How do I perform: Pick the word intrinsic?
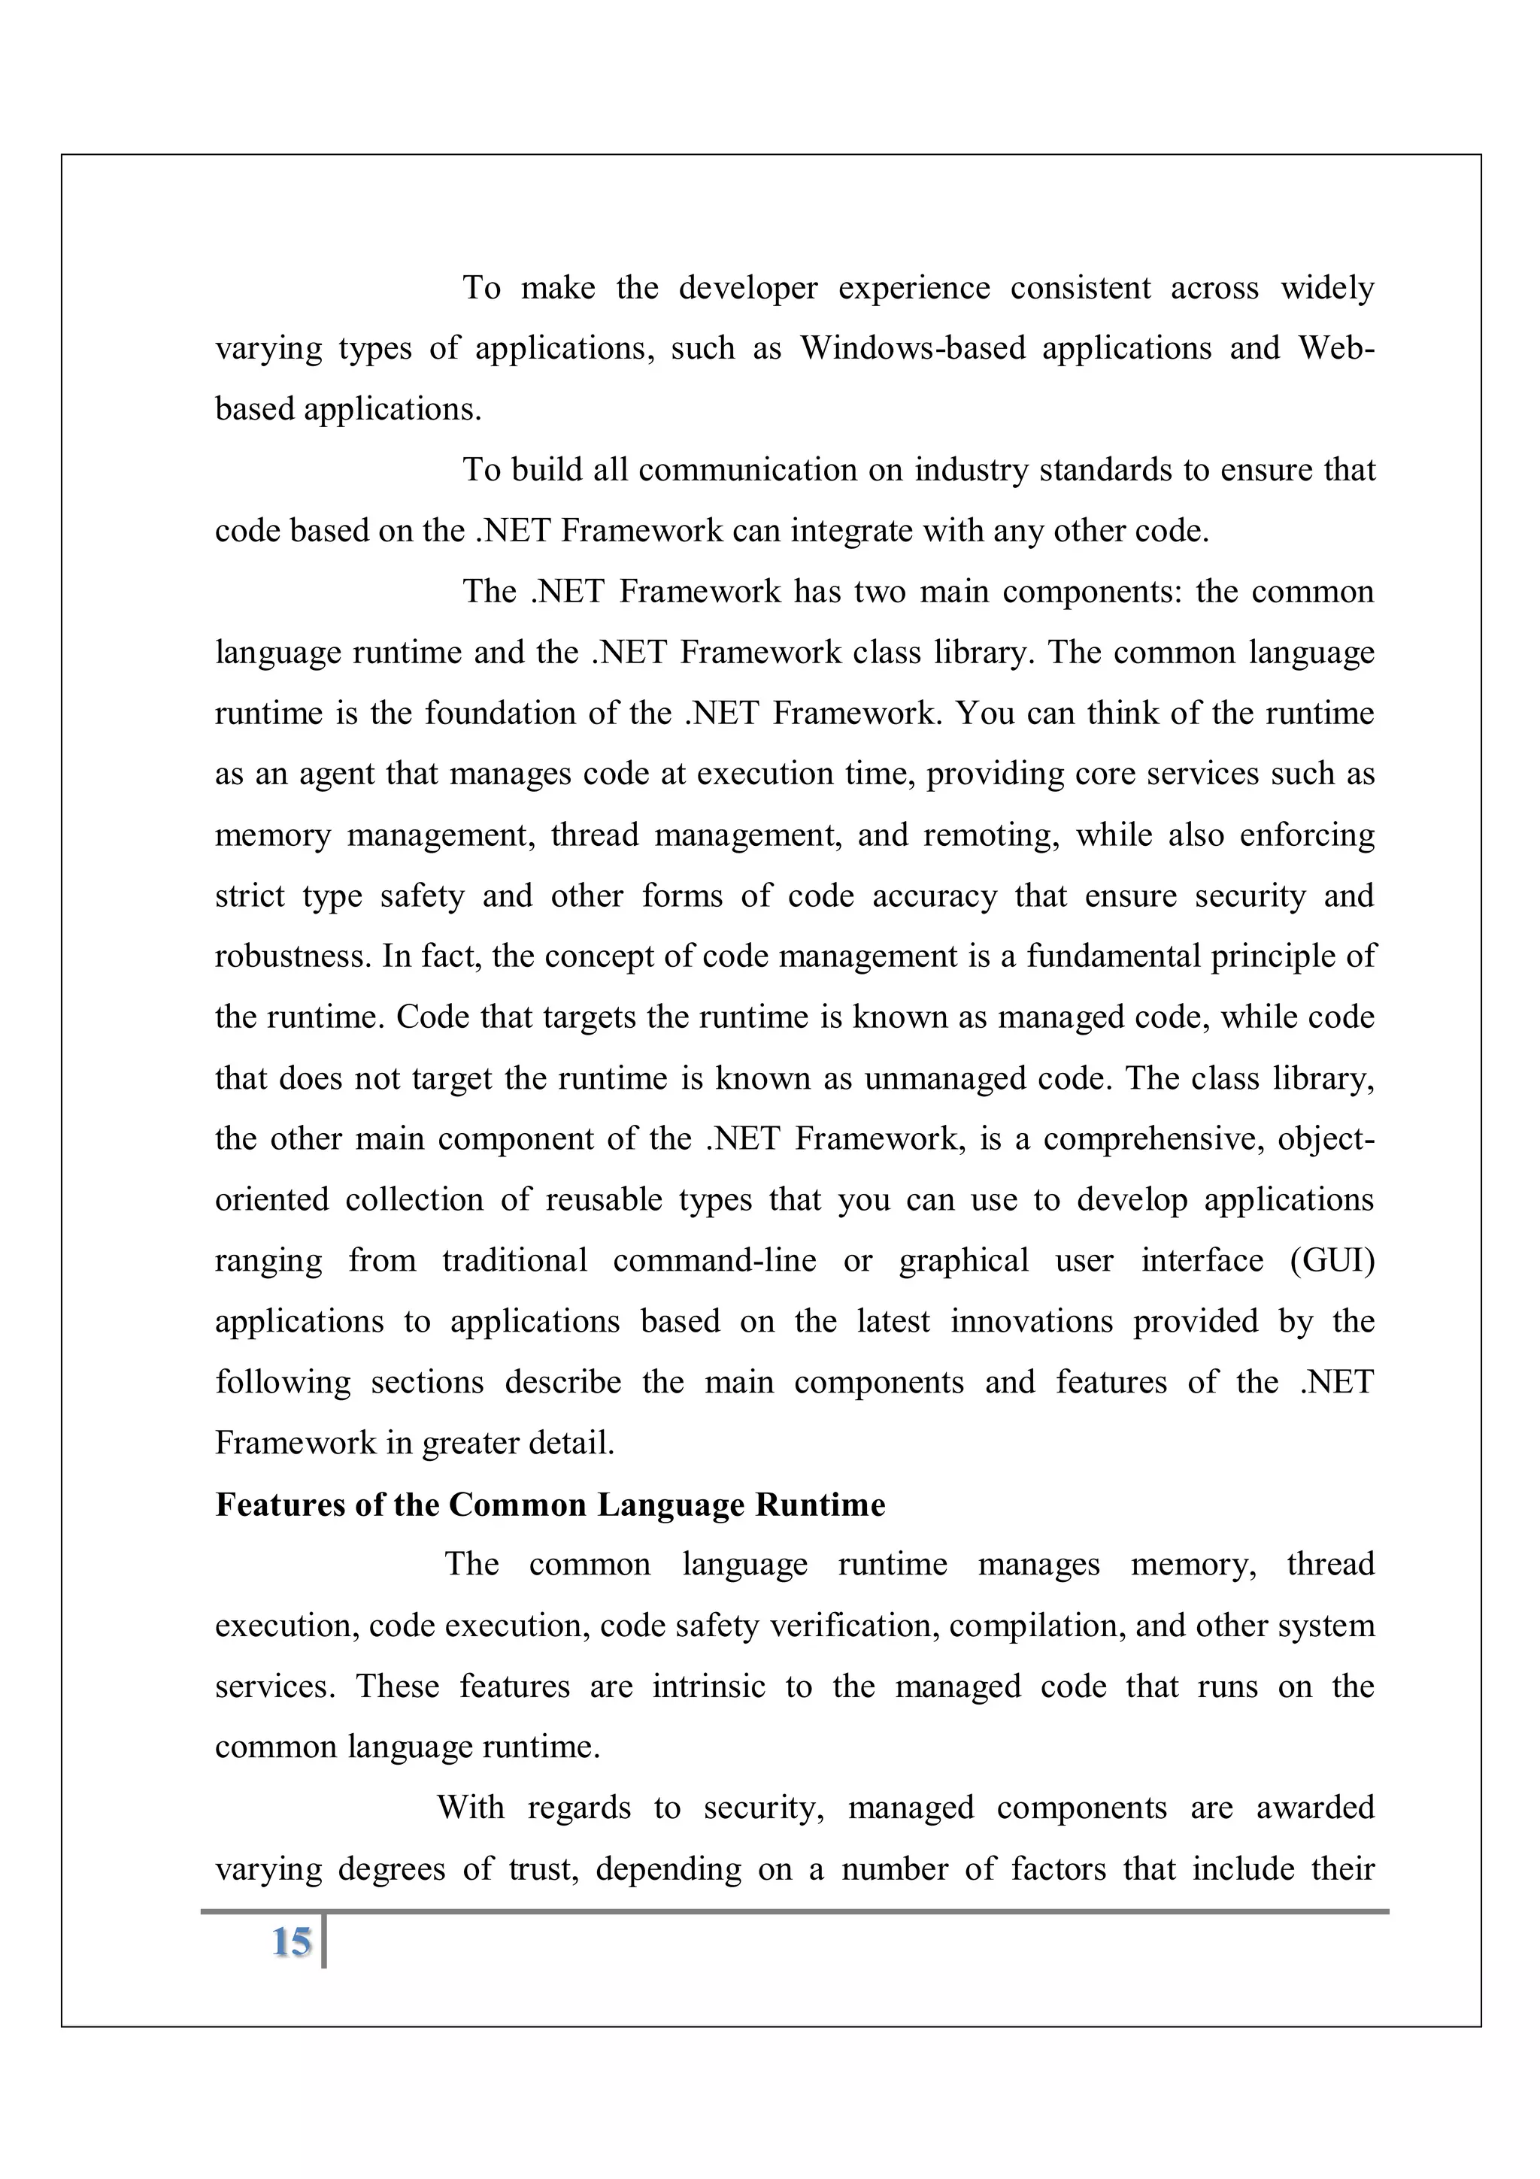click(708, 1687)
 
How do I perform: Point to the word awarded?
click(1315, 1808)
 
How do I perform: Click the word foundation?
click(498, 713)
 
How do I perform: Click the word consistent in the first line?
click(1080, 287)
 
